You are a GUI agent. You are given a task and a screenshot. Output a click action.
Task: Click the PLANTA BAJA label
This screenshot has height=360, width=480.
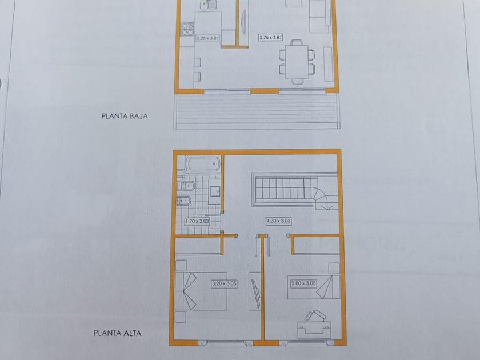click(125, 116)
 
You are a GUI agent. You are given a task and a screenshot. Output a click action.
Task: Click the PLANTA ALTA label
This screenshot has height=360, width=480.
click(118, 333)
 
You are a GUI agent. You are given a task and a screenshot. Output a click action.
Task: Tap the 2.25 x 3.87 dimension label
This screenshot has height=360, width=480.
click(208, 39)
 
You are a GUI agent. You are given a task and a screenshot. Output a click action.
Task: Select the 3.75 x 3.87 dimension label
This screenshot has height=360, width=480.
click(270, 37)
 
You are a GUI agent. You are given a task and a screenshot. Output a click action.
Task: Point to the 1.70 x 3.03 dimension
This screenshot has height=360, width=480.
click(197, 221)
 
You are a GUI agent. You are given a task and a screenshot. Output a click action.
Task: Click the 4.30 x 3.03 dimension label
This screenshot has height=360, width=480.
click(279, 221)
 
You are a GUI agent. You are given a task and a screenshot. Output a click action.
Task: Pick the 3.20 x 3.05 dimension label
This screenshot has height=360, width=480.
click(225, 283)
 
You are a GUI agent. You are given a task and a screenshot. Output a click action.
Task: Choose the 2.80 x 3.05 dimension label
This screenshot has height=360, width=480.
click(303, 283)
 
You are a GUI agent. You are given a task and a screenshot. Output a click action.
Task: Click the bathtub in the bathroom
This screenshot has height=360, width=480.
click(203, 164)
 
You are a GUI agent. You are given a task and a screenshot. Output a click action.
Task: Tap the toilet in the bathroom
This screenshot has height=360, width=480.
click(186, 185)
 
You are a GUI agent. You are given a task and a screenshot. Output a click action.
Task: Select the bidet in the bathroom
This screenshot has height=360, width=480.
click(184, 201)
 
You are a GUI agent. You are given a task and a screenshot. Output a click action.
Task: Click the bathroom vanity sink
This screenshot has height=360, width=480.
click(215, 191)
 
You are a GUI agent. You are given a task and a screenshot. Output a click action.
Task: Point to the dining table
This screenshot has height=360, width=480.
click(297, 62)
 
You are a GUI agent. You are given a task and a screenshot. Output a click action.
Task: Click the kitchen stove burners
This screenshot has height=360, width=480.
click(187, 29)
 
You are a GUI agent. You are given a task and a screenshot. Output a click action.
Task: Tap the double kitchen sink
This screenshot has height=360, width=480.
click(208, 5)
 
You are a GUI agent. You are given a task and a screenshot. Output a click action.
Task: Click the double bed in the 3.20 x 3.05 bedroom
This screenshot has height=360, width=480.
click(201, 291)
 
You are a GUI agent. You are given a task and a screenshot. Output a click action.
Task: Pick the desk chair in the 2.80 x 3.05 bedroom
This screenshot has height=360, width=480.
click(315, 316)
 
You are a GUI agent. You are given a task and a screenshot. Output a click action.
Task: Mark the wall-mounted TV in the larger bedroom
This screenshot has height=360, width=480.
click(255, 293)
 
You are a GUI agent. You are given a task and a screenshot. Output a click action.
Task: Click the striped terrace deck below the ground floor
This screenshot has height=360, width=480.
click(257, 111)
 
